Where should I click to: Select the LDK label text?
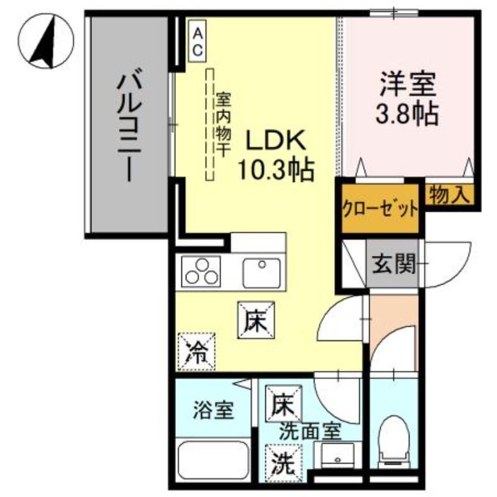[275, 141]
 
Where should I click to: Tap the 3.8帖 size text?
[408, 113]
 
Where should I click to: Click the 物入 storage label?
[449, 196]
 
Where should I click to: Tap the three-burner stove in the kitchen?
[201, 272]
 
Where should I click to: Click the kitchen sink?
[262, 272]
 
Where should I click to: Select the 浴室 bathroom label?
[213, 410]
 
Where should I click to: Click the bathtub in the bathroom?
[212, 460]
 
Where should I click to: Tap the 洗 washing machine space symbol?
[283, 463]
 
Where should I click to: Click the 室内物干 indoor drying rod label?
[222, 124]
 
